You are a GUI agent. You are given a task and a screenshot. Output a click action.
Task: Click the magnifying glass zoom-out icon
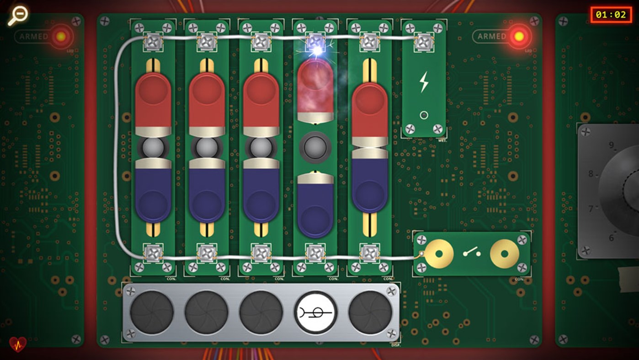pos(17,15)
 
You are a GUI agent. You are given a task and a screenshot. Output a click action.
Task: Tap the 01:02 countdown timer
pos(610,15)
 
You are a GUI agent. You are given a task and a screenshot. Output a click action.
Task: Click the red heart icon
pos(18,344)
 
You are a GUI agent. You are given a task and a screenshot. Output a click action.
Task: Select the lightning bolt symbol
pos(424,82)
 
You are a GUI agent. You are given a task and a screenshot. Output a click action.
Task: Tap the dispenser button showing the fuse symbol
pos(315,313)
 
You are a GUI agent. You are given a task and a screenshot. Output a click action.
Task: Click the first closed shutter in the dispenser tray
pos(152,313)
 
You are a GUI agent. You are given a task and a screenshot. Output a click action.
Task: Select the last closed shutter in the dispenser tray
pos(370,313)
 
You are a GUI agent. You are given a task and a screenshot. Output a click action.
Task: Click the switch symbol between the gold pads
pos(471,253)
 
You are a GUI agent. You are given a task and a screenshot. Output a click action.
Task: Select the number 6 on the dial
pos(611,238)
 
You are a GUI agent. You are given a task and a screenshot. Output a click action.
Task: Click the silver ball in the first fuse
pos(153,148)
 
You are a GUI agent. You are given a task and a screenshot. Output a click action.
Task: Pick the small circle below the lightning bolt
pos(424,115)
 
